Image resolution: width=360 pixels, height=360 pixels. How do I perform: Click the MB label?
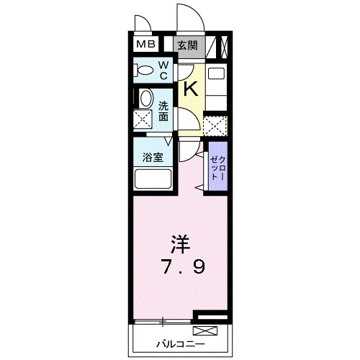coord(146,45)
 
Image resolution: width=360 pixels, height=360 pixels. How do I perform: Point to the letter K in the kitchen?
coord(191,89)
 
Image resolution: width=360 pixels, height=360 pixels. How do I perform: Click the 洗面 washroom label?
coord(163,109)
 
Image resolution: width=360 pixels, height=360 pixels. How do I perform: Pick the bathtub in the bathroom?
coord(152,179)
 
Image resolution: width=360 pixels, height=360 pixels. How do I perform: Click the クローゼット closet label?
coord(217,167)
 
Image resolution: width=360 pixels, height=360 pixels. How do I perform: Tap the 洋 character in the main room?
coord(179,243)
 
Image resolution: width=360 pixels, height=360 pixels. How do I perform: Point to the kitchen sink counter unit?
coord(216,85)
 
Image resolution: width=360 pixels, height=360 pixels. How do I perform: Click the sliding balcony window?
coord(162,320)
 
